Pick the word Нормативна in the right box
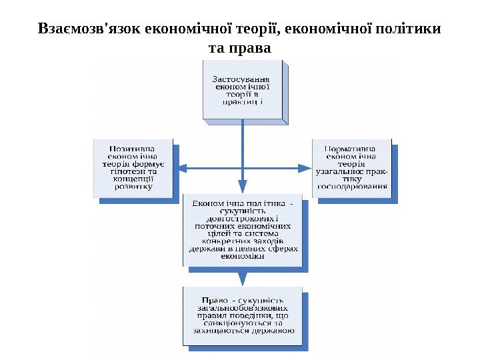[x=349, y=148]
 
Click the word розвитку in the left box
[x=133, y=187]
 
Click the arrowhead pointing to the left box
[x=183, y=167]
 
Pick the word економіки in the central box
[x=243, y=256]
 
